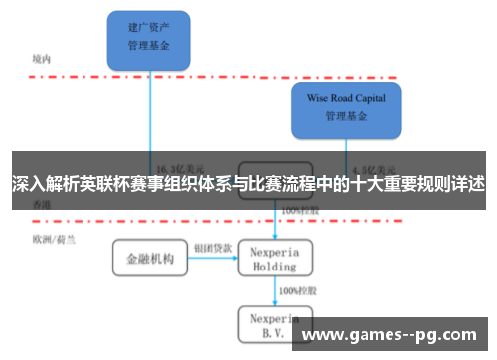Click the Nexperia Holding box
274,258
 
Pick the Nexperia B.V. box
274,323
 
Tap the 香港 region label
41,204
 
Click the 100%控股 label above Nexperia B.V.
299,290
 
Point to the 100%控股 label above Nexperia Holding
299,211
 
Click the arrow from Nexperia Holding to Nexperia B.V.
274,290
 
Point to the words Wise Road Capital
345,99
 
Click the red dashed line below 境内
199,76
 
